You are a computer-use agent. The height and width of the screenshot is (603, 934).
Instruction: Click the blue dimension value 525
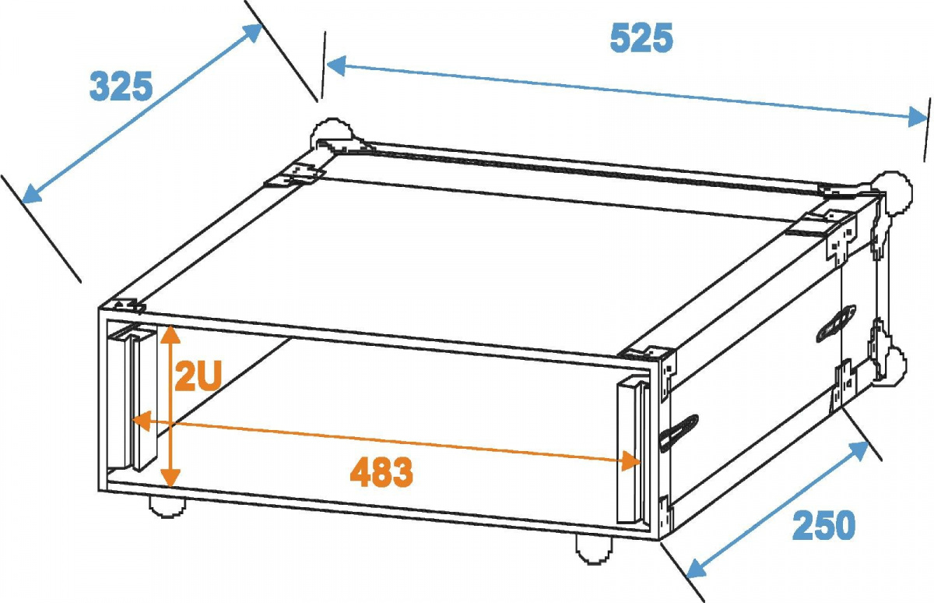coord(641,38)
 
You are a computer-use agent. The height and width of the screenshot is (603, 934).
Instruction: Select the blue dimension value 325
coord(121,86)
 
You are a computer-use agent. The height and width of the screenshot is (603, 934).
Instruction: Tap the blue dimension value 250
coord(823,526)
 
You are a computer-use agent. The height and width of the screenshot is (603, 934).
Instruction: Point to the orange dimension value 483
coord(381,472)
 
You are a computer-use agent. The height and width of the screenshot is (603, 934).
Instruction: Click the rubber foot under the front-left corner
coord(167,507)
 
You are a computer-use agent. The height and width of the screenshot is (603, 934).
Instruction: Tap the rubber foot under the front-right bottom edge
coord(595,549)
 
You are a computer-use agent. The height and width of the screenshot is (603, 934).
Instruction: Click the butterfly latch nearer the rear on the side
coord(836,323)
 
